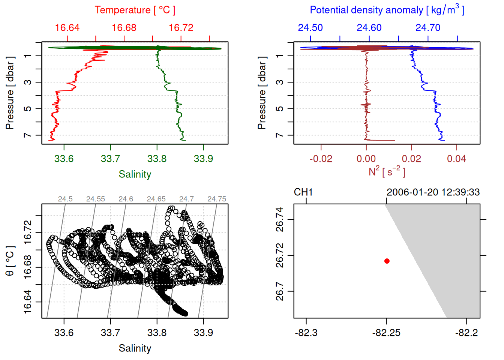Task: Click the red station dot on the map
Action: click(x=387, y=261)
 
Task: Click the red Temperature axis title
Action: click(x=135, y=10)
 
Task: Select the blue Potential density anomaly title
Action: click(x=387, y=10)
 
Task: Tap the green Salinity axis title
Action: click(x=135, y=174)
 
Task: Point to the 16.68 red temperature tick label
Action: click(x=124, y=28)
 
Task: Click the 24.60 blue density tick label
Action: click(x=369, y=28)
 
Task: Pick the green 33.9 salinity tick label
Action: click(x=203, y=159)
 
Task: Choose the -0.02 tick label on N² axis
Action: click(x=321, y=159)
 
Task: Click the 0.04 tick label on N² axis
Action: click(x=456, y=159)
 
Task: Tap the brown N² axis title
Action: click(x=387, y=171)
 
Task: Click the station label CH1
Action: click(x=303, y=192)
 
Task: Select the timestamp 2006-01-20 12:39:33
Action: click(x=433, y=192)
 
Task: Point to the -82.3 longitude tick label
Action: click(x=306, y=333)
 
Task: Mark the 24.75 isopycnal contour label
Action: click(x=217, y=199)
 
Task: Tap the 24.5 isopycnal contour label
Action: click(x=65, y=199)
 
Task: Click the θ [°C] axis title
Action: click(x=10, y=261)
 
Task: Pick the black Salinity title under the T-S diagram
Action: click(x=135, y=348)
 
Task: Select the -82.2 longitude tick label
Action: click(x=466, y=333)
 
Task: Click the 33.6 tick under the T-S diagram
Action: click(x=64, y=333)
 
